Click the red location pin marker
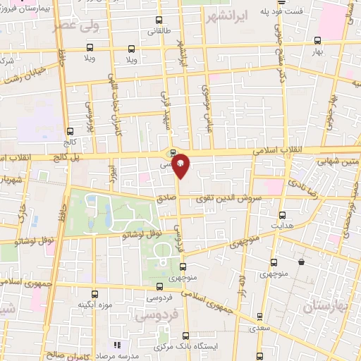[180, 164]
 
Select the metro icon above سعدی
[261, 298]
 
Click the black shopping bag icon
[301, 262]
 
